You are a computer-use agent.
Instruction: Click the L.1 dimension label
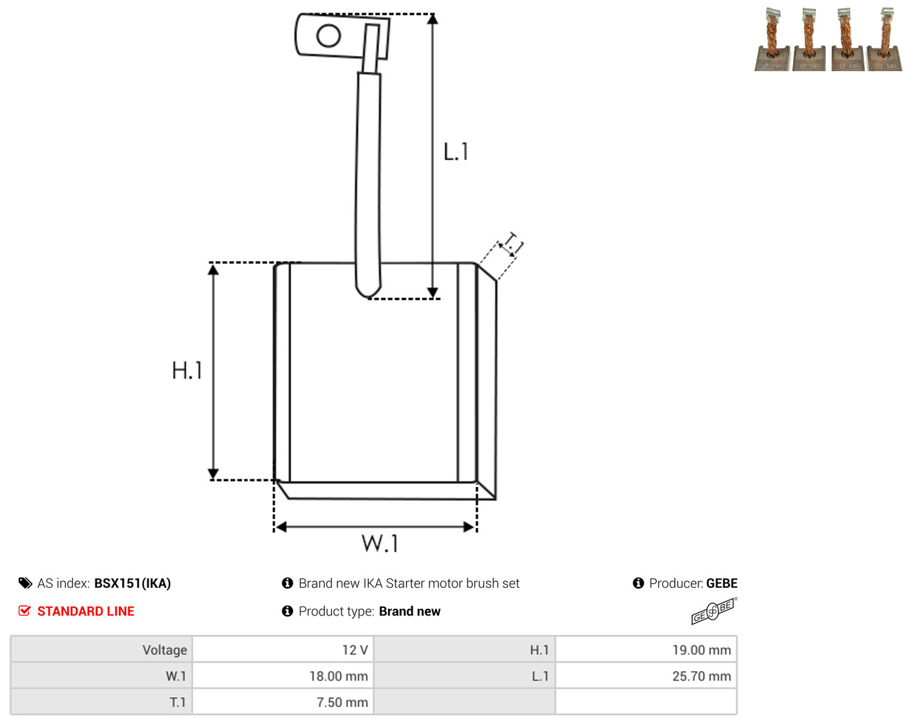pyautogui.click(x=456, y=151)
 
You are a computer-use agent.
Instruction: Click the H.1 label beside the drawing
pyautogui.click(x=187, y=370)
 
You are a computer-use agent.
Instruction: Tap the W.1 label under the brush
pyautogui.click(x=380, y=543)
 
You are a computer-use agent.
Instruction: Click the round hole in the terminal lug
pyautogui.click(x=328, y=35)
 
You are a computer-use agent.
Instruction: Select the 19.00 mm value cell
pyautogui.click(x=646, y=649)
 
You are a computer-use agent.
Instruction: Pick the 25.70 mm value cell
pyautogui.click(x=646, y=676)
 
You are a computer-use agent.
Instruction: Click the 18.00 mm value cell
pyautogui.click(x=283, y=676)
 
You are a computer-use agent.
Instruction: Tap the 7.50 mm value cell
pyautogui.click(x=283, y=702)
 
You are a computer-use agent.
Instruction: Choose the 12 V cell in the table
pyautogui.click(x=283, y=649)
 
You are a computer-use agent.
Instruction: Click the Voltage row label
pyautogui.click(x=165, y=649)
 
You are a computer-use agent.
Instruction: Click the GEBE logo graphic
pyautogui.click(x=714, y=611)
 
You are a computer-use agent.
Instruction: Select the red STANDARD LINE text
pyautogui.click(x=86, y=611)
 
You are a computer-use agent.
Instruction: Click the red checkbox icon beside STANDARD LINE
pyautogui.click(x=24, y=611)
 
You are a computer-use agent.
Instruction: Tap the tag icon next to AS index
pyautogui.click(x=26, y=583)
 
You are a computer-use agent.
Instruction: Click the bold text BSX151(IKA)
pyautogui.click(x=132, y=583)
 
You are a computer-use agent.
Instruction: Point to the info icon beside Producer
pyautogui.click(x=638, y=583)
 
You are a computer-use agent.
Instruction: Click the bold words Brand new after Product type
pyautogui.click(x=409, y=611)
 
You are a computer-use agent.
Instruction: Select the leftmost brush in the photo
pyautogui.click(x=772, y=39)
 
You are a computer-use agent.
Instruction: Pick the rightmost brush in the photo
pyautogui.click(x=884, y=39)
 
